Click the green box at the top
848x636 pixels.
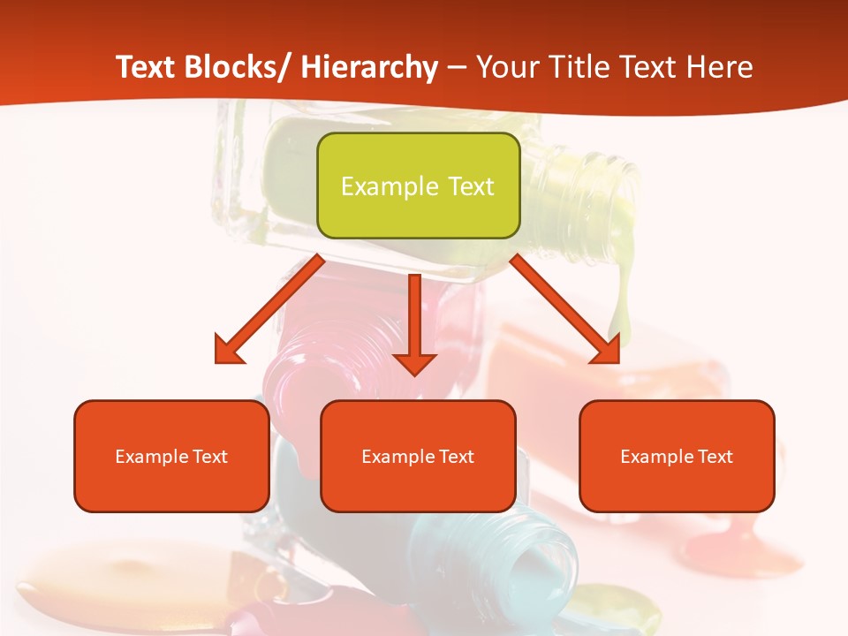(x=418, y=185)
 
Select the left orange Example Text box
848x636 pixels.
(x=171, y=456)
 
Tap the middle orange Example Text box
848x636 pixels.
(x=418, y=456)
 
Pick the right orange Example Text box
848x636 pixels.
(x=677, y=456)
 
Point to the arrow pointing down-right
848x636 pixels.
(x=565, y=309)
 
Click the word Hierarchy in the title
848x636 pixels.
(x=369, y=67)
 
